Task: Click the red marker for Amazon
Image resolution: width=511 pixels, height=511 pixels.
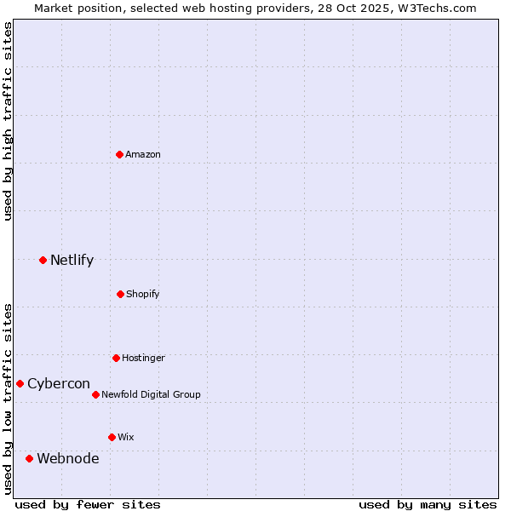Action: point(119,154)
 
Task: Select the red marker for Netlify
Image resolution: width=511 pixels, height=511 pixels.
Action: point(43,260)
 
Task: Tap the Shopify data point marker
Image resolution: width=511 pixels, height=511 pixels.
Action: point(120,294)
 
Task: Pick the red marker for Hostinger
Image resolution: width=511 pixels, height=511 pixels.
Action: point(116,358)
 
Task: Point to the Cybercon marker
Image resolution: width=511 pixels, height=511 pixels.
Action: point(20,383)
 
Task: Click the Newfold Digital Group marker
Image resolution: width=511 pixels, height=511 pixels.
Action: point(95,394)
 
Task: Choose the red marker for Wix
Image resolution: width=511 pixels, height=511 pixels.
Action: point(112,437)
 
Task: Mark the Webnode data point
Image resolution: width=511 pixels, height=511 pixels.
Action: point(29,458)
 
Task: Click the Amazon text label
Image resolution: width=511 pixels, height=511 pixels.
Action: point(143,154)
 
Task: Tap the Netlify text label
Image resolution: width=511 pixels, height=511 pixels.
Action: point(72,260)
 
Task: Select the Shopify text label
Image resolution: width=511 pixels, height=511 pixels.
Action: point(143,294)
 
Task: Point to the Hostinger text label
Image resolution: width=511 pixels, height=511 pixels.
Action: point(143,358)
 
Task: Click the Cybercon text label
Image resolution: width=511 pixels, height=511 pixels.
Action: point(59,383)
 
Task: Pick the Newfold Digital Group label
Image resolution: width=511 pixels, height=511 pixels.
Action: point(151,394)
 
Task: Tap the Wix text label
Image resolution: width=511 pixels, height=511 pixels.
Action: point(126,437)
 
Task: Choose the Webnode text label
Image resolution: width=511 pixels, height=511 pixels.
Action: point(67,458)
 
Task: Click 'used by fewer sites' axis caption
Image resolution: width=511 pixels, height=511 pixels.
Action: point(88,504)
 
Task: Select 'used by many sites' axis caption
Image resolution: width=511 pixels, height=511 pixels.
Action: point(428,504)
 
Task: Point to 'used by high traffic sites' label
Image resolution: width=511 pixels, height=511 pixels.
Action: point(8,121)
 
